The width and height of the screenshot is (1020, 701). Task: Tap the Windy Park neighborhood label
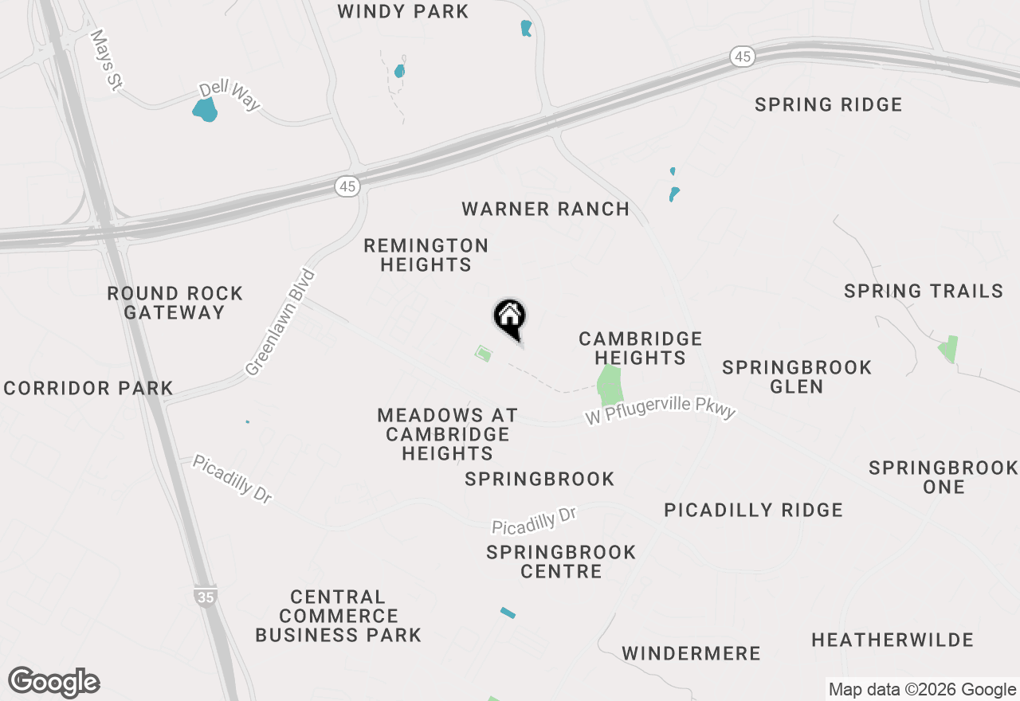pos(403,12)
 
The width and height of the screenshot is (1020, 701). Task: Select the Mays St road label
pos(104,60)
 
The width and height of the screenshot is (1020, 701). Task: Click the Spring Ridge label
pos(829,105)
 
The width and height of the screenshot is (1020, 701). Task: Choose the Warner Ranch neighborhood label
pos(546,210)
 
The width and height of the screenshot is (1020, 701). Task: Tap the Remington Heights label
pos(426,255)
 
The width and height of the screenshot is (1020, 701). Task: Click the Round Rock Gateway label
pos(175,303)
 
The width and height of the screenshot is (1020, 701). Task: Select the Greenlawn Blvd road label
pos(281,323)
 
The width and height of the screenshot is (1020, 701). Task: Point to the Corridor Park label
pos(88,389)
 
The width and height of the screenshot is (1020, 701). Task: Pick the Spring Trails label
pos(924,292)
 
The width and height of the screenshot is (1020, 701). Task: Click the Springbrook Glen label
pos(797,377)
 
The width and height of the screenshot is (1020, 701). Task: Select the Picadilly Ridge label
pos(754,510)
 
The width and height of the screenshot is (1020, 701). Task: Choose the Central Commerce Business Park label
pos(339,616)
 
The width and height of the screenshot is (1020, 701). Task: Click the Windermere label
pos(692,654)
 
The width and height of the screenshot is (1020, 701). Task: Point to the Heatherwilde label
pos(892,640)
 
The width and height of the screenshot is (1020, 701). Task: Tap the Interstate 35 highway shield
pos(206,596)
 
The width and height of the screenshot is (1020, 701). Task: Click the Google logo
pos(54,682)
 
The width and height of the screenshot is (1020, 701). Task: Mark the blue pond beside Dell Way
pos(206,109)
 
